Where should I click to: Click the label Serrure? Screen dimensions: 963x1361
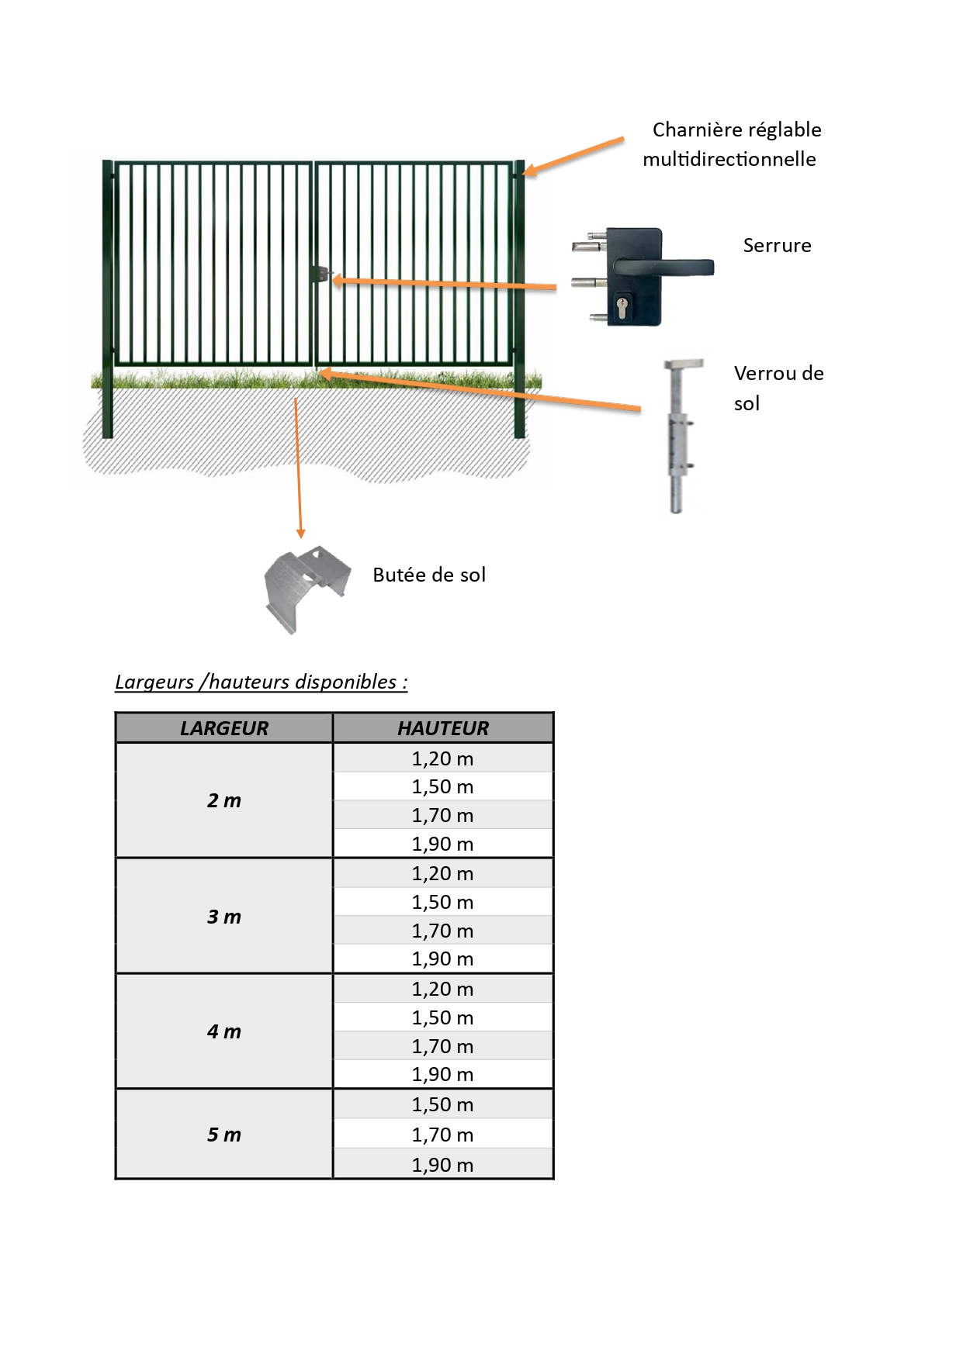[x=777, y=245]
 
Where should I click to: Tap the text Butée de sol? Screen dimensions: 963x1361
[x=429, y=575]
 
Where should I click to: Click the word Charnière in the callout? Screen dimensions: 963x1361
[x=698, y=130]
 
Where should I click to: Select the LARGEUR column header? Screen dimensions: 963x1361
[x=224, y=728]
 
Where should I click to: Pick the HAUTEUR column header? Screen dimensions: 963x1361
[x=443, y=728]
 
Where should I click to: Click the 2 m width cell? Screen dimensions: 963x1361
[x=224, y=800]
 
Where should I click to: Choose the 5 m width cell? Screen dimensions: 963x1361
[x=224, y=1135]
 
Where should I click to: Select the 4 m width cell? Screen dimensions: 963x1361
[x=224, y=1031]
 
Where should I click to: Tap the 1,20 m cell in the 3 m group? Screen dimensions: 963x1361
[x=442, y=873]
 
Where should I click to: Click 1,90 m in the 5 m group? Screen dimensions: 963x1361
[x=442, y=1165]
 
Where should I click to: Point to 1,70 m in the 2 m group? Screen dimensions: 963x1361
[x=442, y=815]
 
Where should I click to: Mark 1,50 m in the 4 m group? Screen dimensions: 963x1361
[x=442, y=1017]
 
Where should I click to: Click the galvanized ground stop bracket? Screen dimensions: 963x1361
[x=307, y=587]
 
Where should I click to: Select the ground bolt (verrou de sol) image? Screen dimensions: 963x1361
[x=680, y=435]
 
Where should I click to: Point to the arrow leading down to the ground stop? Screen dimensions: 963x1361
[x=298, y=468]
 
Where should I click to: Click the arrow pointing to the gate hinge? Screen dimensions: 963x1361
[x=574, y=156]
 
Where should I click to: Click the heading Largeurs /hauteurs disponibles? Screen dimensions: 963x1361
[x=262, y=682]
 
